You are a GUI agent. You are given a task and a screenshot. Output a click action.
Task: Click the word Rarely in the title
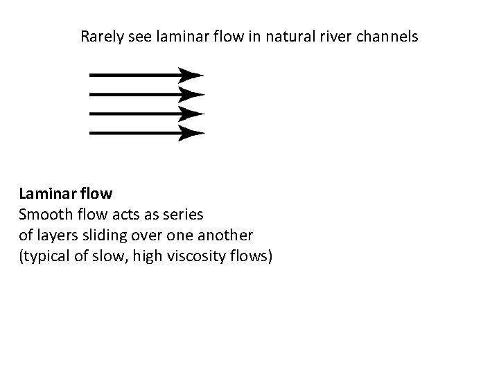tap(100, 36)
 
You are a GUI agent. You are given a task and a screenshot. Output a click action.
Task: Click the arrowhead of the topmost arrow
tap(191, 74)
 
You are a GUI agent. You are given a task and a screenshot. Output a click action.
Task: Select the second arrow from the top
tap(139, 94)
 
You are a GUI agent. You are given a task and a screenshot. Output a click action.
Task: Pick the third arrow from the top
tap(139, 114)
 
